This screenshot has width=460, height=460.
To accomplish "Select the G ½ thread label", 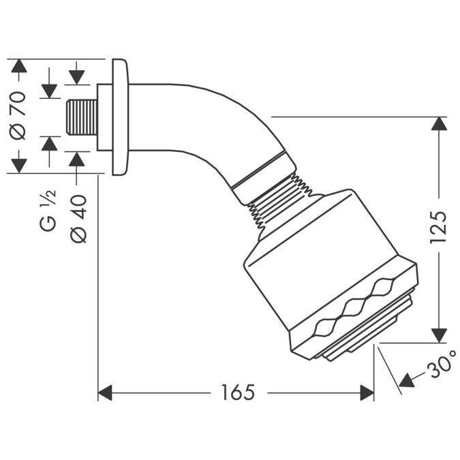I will tap(50, 213).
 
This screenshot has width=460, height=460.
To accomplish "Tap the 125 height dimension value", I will tap(439, 228).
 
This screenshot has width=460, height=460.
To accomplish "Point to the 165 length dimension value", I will tap(237, 393).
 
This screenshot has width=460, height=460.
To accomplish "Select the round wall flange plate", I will tap(120, 117).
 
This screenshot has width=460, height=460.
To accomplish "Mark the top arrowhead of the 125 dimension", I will tap(440, 125).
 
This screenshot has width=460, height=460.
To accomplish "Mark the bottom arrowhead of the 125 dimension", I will tap(440, 335).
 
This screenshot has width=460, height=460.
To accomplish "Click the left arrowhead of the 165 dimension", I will tap(106, 393).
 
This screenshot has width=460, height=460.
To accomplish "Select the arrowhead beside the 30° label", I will tap(407, 379).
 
